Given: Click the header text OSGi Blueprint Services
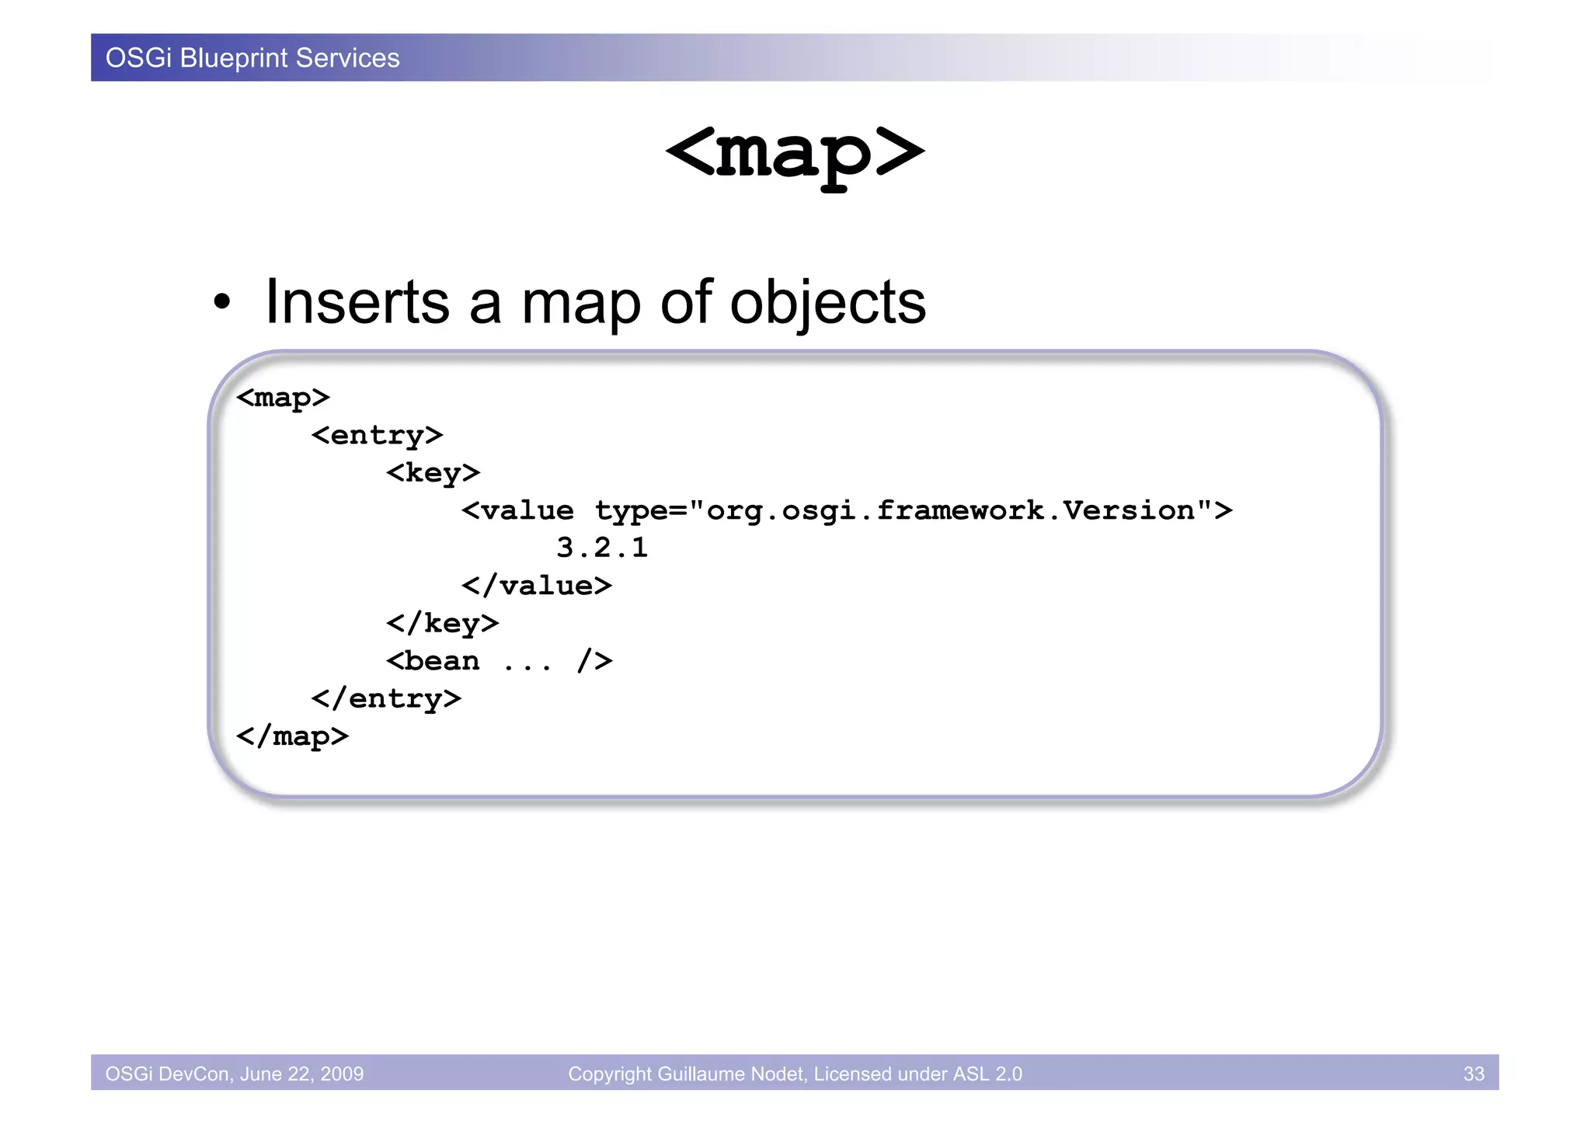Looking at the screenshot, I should point(252,58).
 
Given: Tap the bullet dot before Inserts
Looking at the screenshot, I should point(222,303).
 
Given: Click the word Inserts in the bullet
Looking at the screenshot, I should point(357,302).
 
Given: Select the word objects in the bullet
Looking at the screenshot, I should point(827,304).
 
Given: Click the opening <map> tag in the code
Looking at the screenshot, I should point(283,398).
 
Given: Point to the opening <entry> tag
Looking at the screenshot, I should point(377,435).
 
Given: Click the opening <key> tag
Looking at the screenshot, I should point(433,472).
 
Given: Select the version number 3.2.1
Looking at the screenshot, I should point(602,548).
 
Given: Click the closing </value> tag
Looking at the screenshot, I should point(536,586).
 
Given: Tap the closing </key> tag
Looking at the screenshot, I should point(442,623).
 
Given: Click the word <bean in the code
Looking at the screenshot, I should point(433,661).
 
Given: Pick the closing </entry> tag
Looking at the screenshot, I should point(386,698).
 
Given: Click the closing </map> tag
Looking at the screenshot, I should point(292,736).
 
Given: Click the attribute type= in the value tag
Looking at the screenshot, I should point(642,511).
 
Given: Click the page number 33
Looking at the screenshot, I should point(1473,1074).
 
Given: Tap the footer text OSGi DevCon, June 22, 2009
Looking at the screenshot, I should point(234,1074).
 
